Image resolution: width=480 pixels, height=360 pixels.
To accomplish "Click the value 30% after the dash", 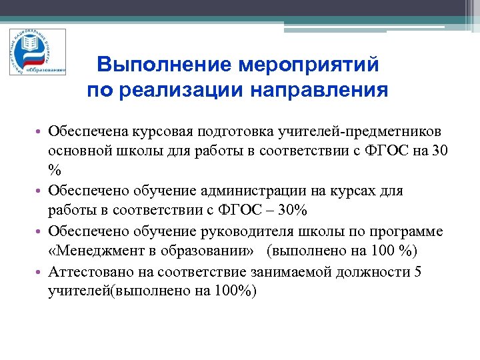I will (291, 211).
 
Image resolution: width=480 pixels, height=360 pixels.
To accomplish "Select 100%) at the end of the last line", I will (235, 291).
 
